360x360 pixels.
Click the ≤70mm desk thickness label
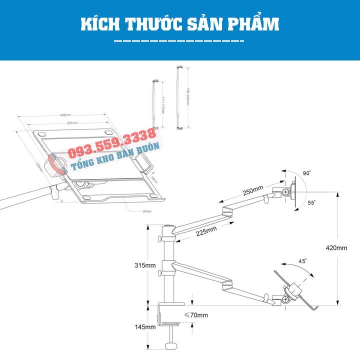(x=196, y=315)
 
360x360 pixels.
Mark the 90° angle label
(x=306, y=173)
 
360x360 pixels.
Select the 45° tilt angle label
(x=302, y=260)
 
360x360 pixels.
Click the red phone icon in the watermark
(x=56, y=163)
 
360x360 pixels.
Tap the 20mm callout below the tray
(x=146, y=211)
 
